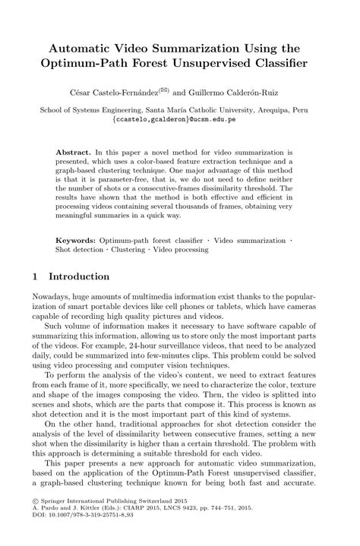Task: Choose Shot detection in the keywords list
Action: point(81,250)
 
